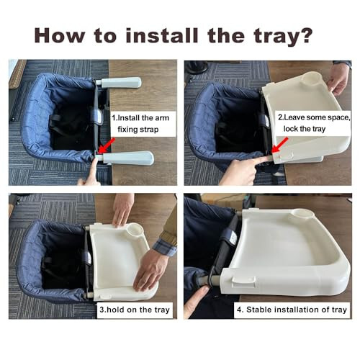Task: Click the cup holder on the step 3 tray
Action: [x=133, y=233]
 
